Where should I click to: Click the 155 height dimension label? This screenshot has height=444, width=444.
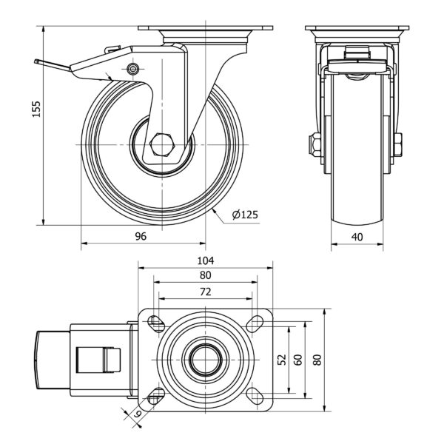pos(36,109)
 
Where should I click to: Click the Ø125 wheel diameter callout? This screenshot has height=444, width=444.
pos(245,215)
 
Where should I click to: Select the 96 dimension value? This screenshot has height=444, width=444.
pos(141,236)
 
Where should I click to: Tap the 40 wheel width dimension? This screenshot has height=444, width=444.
pos(357,237)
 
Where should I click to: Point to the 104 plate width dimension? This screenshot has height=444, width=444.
pos(206,260)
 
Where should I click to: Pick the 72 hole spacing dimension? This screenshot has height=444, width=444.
pos(206,292)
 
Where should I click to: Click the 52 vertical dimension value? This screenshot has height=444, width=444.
pos(282,360)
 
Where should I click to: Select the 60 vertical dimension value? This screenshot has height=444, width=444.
pos(298,360)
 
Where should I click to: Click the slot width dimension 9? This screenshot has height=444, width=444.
pos(137,414)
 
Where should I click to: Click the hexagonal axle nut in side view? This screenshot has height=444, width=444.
pos(162,144)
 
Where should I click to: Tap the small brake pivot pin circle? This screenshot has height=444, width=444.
pos(132,69)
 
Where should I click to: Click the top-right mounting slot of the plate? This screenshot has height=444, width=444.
pos(255,323)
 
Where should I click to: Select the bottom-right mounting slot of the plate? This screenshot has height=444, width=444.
pos(255,396)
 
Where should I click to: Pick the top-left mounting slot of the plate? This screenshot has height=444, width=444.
pos(156,323)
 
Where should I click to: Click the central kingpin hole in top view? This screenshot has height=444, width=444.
pos(206,360)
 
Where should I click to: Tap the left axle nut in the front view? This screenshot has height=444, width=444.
pos(315,144)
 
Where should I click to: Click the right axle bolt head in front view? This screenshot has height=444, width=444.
pos(397,144)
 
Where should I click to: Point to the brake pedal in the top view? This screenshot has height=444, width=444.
pos(53,360)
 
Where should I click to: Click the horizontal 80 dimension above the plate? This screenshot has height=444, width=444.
pos(206,275)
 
